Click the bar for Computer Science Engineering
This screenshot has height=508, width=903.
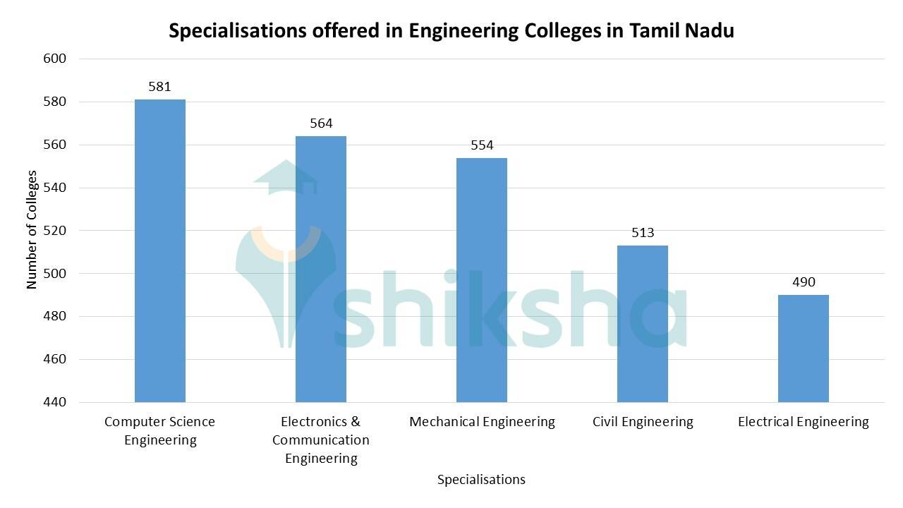point(160,250)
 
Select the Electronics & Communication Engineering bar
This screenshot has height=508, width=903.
point(321,269)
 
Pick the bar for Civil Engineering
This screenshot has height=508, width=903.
point(643,324)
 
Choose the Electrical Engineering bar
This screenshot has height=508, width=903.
point(804,349)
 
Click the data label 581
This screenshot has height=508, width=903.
point(160,87)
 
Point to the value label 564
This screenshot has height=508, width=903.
point(321,123)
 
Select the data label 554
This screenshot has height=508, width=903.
point(482,145)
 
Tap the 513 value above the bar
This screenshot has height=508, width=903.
point(643,232)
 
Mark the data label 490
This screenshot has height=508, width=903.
point(804,282)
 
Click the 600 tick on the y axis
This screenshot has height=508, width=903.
point(54,59)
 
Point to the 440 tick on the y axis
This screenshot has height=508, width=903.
point(54,402)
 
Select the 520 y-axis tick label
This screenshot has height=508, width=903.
point(54,231)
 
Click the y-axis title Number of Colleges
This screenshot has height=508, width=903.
point(32,230)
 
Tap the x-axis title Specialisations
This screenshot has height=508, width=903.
point(481,480)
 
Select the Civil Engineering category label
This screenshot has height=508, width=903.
point(643,422)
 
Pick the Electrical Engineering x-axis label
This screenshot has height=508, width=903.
point(804,422)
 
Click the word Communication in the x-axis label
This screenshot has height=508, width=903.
point(321,440)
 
